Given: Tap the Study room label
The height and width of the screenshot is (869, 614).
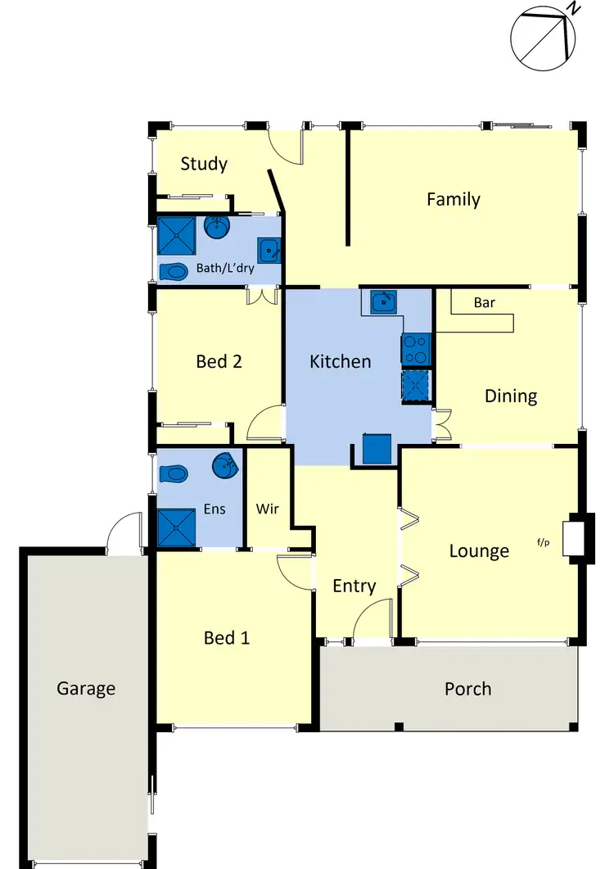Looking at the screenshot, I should click(x=204, y=164).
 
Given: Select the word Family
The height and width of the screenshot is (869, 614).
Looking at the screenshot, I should click(x=453, y=199).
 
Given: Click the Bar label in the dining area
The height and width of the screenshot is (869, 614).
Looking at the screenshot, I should click(x=484, y=303).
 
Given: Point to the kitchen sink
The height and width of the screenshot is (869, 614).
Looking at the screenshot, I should click(x=381, y=303).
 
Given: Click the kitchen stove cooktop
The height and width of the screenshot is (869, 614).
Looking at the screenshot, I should click(x=416, y=350).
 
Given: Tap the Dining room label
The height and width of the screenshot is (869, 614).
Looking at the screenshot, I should click(x=511, y=396).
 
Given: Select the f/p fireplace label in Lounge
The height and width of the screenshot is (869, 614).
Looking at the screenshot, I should click(x=544, y=541).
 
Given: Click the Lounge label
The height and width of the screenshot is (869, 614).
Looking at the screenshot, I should click(x=479, y=551).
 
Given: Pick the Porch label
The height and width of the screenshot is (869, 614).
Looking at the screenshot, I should click(x=467, y=689).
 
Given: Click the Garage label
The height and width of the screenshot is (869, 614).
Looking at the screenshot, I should click(x=86, y=689).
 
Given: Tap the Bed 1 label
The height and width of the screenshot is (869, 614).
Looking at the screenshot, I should click(x=227, y=637).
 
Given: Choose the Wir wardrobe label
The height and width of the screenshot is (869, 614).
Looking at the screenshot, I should click(x=268, y=509).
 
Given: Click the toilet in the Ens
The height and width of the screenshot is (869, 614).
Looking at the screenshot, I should click(x=174, y=473).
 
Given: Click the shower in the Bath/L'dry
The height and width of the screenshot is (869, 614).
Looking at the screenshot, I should click(x=178, y=236).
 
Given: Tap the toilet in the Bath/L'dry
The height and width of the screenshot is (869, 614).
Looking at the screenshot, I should click(x=174, y=271).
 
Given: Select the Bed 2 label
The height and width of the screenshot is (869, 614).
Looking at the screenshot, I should click(x=219, y=361).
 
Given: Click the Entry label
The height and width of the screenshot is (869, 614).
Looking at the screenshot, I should click(x=354, y=586).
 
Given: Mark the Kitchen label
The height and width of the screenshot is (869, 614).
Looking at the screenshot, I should click(x=340, y=361).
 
